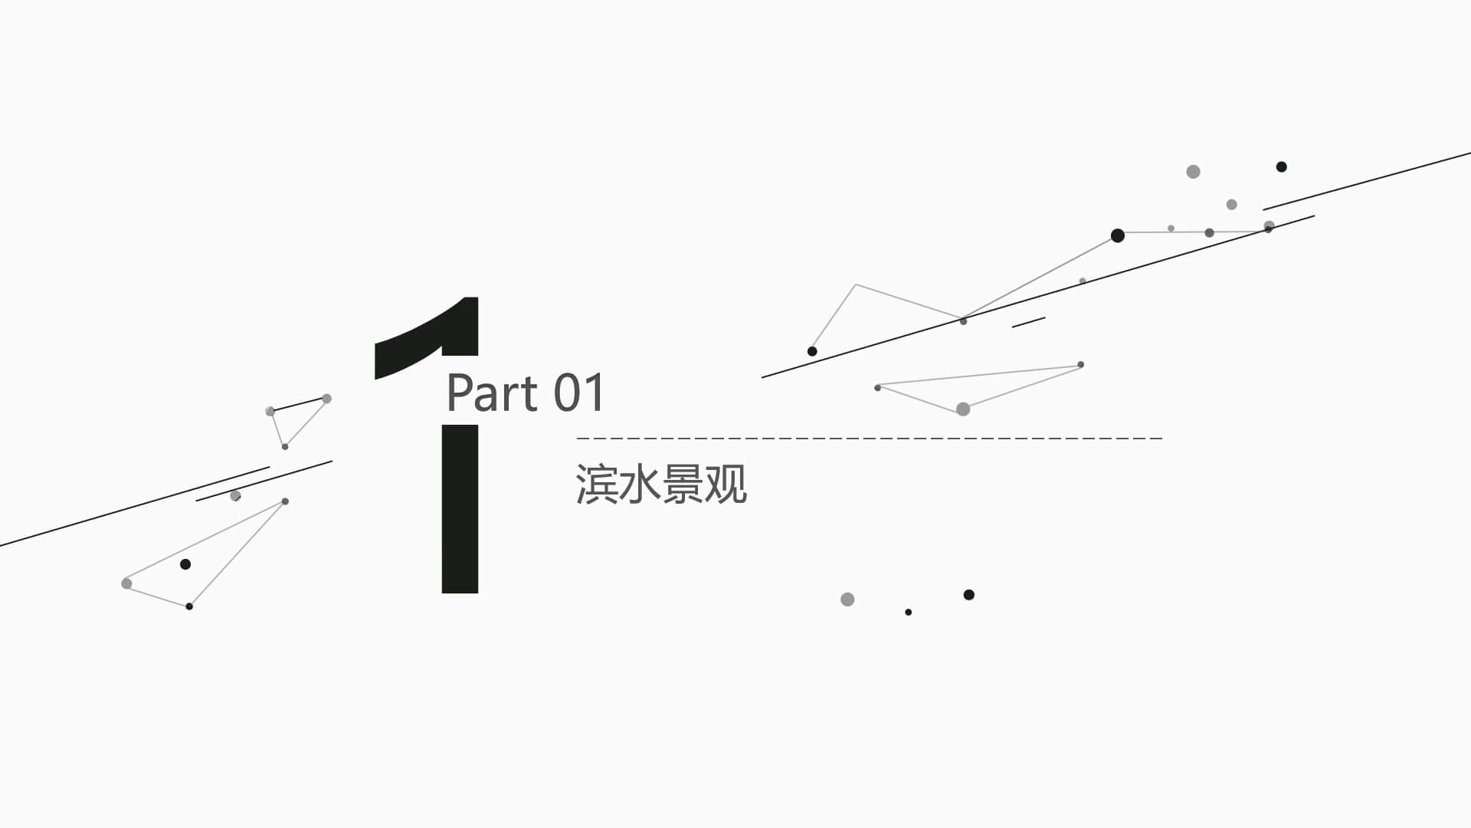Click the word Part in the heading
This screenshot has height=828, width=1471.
(492, 393)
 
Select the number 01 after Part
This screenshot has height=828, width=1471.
(580, 393)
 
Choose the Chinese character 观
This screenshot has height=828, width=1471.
(726, 484)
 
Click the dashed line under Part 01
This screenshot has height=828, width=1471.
(870, 439)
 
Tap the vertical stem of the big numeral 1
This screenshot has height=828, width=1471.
(460, 509)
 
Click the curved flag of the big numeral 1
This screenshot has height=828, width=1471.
(426, 337)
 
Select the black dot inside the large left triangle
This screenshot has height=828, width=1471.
(185, 564)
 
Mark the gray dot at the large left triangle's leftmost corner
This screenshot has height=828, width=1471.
(126, 583)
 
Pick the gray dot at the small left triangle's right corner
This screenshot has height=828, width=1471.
(326, 399)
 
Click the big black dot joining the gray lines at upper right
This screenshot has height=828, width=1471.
(1118, 235)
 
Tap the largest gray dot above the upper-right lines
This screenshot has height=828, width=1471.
(1193, 172)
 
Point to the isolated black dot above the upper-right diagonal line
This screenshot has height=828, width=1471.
(1281, 166)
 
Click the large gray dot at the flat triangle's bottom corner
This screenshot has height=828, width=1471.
(963, 409)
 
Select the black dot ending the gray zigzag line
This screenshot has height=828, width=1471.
(812, 351)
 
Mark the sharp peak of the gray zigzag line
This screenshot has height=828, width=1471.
(856, 284)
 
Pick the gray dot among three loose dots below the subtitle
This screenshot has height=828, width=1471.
(847, 600)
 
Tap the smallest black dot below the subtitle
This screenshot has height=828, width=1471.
(908, 612)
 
